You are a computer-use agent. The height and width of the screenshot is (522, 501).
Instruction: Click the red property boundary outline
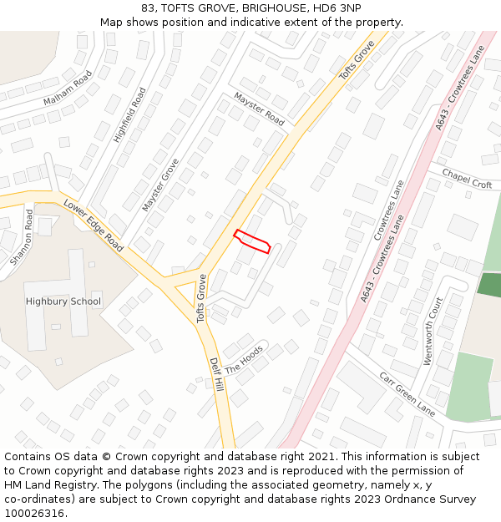(252, 241)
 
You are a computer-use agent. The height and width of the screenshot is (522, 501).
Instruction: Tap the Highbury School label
(63, 302)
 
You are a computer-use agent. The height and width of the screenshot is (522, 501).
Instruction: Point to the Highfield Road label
(129, 115)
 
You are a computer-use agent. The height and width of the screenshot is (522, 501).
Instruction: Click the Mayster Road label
(259, 109)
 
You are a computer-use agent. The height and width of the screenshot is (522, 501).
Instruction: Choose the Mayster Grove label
(160, 184)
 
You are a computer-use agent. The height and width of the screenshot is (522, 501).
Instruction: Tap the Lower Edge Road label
(94, 226)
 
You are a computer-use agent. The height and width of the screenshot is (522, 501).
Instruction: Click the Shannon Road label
(22, 238)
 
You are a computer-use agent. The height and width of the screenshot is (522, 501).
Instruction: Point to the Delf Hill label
(216, 375)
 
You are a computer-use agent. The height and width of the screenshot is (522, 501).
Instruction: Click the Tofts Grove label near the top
(357, 60)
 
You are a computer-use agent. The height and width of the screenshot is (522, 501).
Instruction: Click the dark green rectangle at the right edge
(489, 285)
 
